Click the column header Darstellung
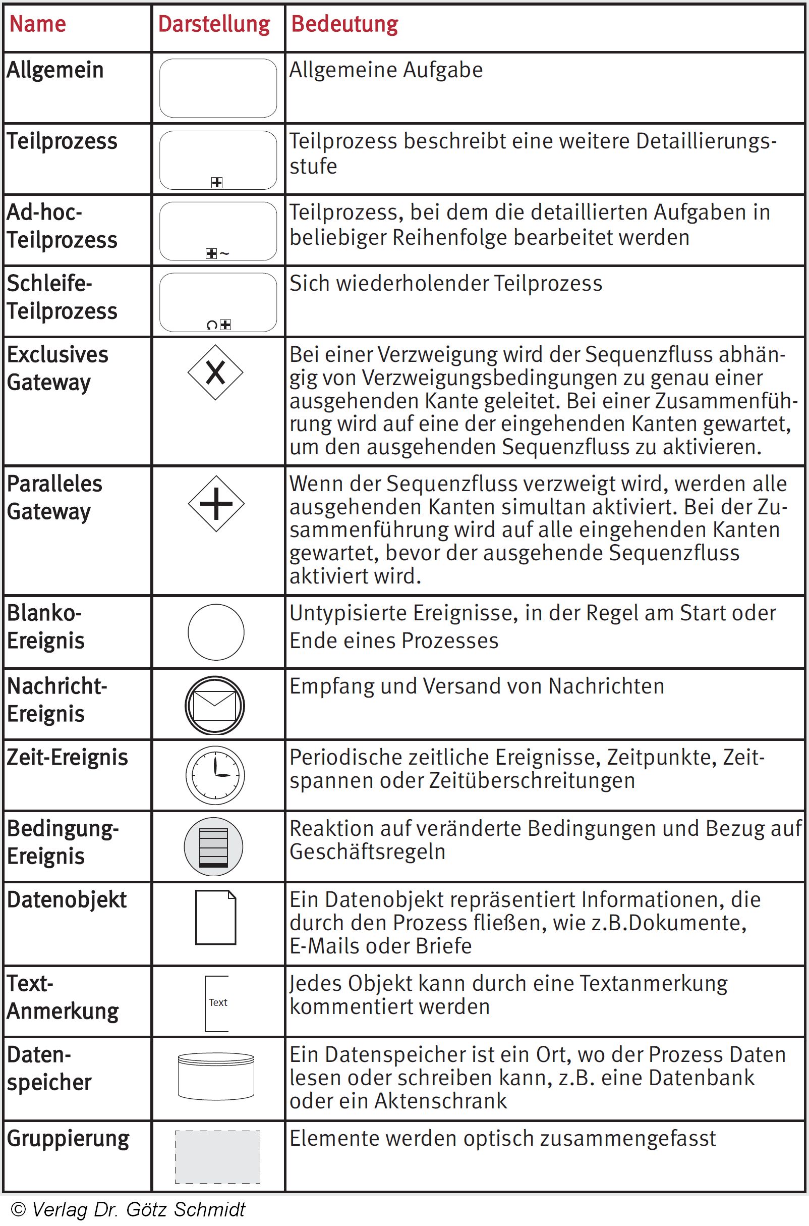(x=214, y=24)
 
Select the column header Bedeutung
(x=344, y=24)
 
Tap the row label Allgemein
(x=55, y=70)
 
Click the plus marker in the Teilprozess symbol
(x=217, y=182)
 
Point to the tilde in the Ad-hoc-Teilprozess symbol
(x=224, y=253)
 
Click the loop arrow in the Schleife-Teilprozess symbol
(x=211, y=325)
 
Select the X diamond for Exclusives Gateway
(x=215, y=372)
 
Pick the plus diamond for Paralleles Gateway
(x=216, y=503)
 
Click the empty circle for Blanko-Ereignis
(x=216, y=632)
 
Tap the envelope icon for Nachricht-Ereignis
(x=215, y=705)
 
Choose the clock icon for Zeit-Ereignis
(x=215, y=775)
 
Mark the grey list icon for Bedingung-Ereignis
(x=214, y=846)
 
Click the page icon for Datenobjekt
(x=216, y=917)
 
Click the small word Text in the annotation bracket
(x=218, y=1002)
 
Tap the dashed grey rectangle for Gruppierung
(x=217, y=1157)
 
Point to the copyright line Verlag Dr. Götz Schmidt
(x=128, y=1209)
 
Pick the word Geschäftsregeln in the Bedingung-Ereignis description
(x=367, y=852)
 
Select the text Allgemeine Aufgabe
(x=386, y=70)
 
